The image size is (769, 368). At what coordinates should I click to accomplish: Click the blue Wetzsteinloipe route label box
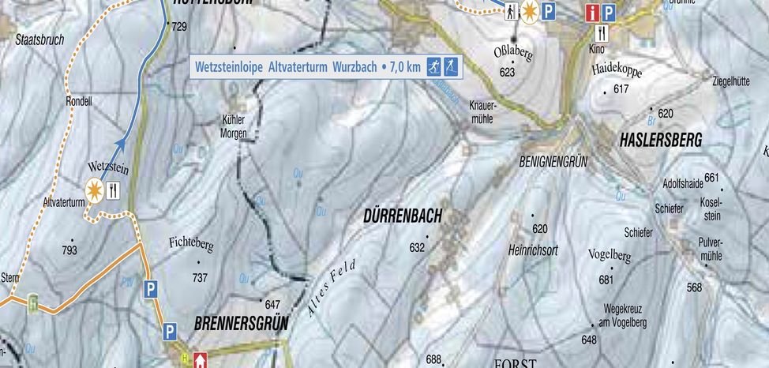click(327, 67)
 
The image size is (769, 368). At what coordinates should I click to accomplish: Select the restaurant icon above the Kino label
click(603, 33)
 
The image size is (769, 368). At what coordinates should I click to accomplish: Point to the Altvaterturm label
click(64, 203)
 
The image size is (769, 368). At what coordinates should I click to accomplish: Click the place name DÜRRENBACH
click(402, 216)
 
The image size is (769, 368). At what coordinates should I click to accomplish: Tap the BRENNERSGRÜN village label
click(241, 323)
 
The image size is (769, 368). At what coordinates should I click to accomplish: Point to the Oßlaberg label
click(513, 56)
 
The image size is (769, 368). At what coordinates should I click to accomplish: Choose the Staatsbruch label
click(39, 39)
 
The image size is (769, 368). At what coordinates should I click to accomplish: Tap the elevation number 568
click(693, 287)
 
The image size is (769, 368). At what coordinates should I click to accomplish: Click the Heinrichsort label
click(533, 250)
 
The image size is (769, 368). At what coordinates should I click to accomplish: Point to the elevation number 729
click(179, 28)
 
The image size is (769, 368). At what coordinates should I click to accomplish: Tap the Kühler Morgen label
click(234, 127)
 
